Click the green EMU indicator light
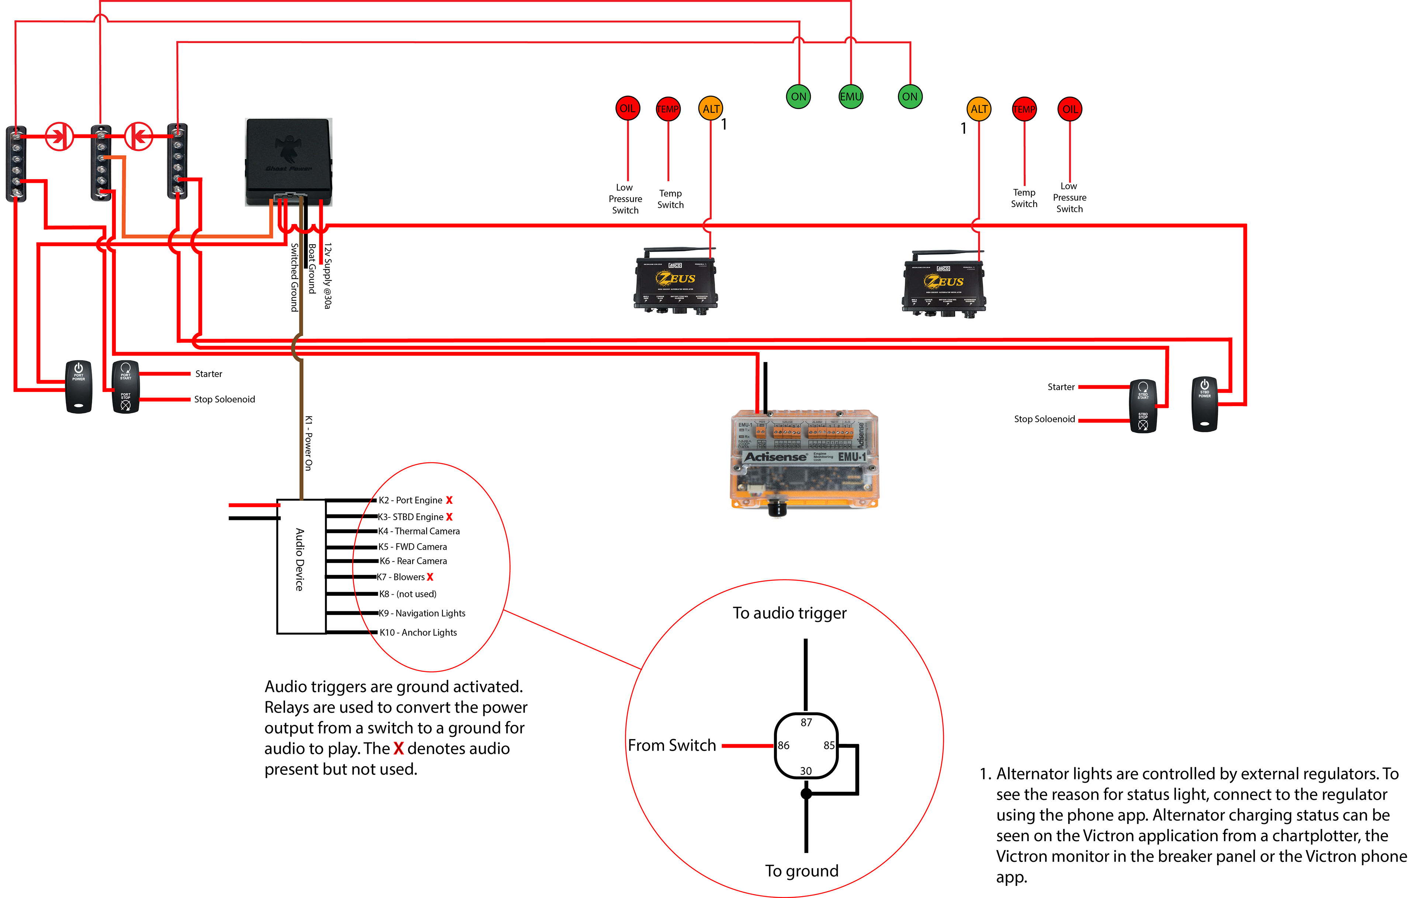(850, 97)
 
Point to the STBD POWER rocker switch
(1204, 404)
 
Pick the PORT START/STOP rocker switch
(125, 386)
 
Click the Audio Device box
(301, 566)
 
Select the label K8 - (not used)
(407, 594)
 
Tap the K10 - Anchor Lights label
(418, 632)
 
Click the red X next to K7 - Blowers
(430, 577)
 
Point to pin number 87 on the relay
(806, 722)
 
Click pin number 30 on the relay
(806, 771)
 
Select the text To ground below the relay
(802, 870)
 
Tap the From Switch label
(671, 745)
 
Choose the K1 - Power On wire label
(308, 443)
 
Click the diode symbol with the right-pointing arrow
(59, 136)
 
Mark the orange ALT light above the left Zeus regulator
(710, 109)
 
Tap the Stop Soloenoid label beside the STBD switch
(1044, 419)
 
